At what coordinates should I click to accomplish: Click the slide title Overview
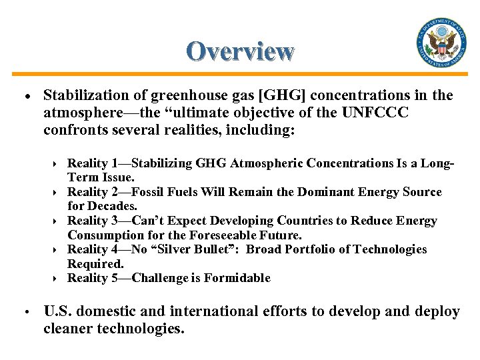pos(240,51)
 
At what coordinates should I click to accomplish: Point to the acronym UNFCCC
pos(375,113)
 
